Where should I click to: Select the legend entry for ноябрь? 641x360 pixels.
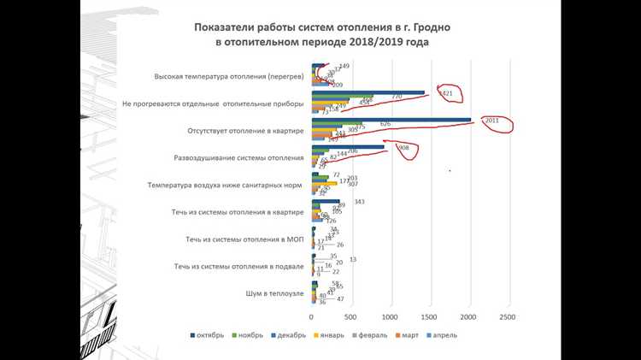[254, 334]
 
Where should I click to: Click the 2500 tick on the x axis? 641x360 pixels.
[507, 316]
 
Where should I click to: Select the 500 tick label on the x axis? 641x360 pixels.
[351, 316]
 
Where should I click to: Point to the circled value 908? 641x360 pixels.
[404, 147]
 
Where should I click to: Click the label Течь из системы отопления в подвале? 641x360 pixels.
[238, 267]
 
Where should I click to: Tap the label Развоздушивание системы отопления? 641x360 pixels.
[239, 157]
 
